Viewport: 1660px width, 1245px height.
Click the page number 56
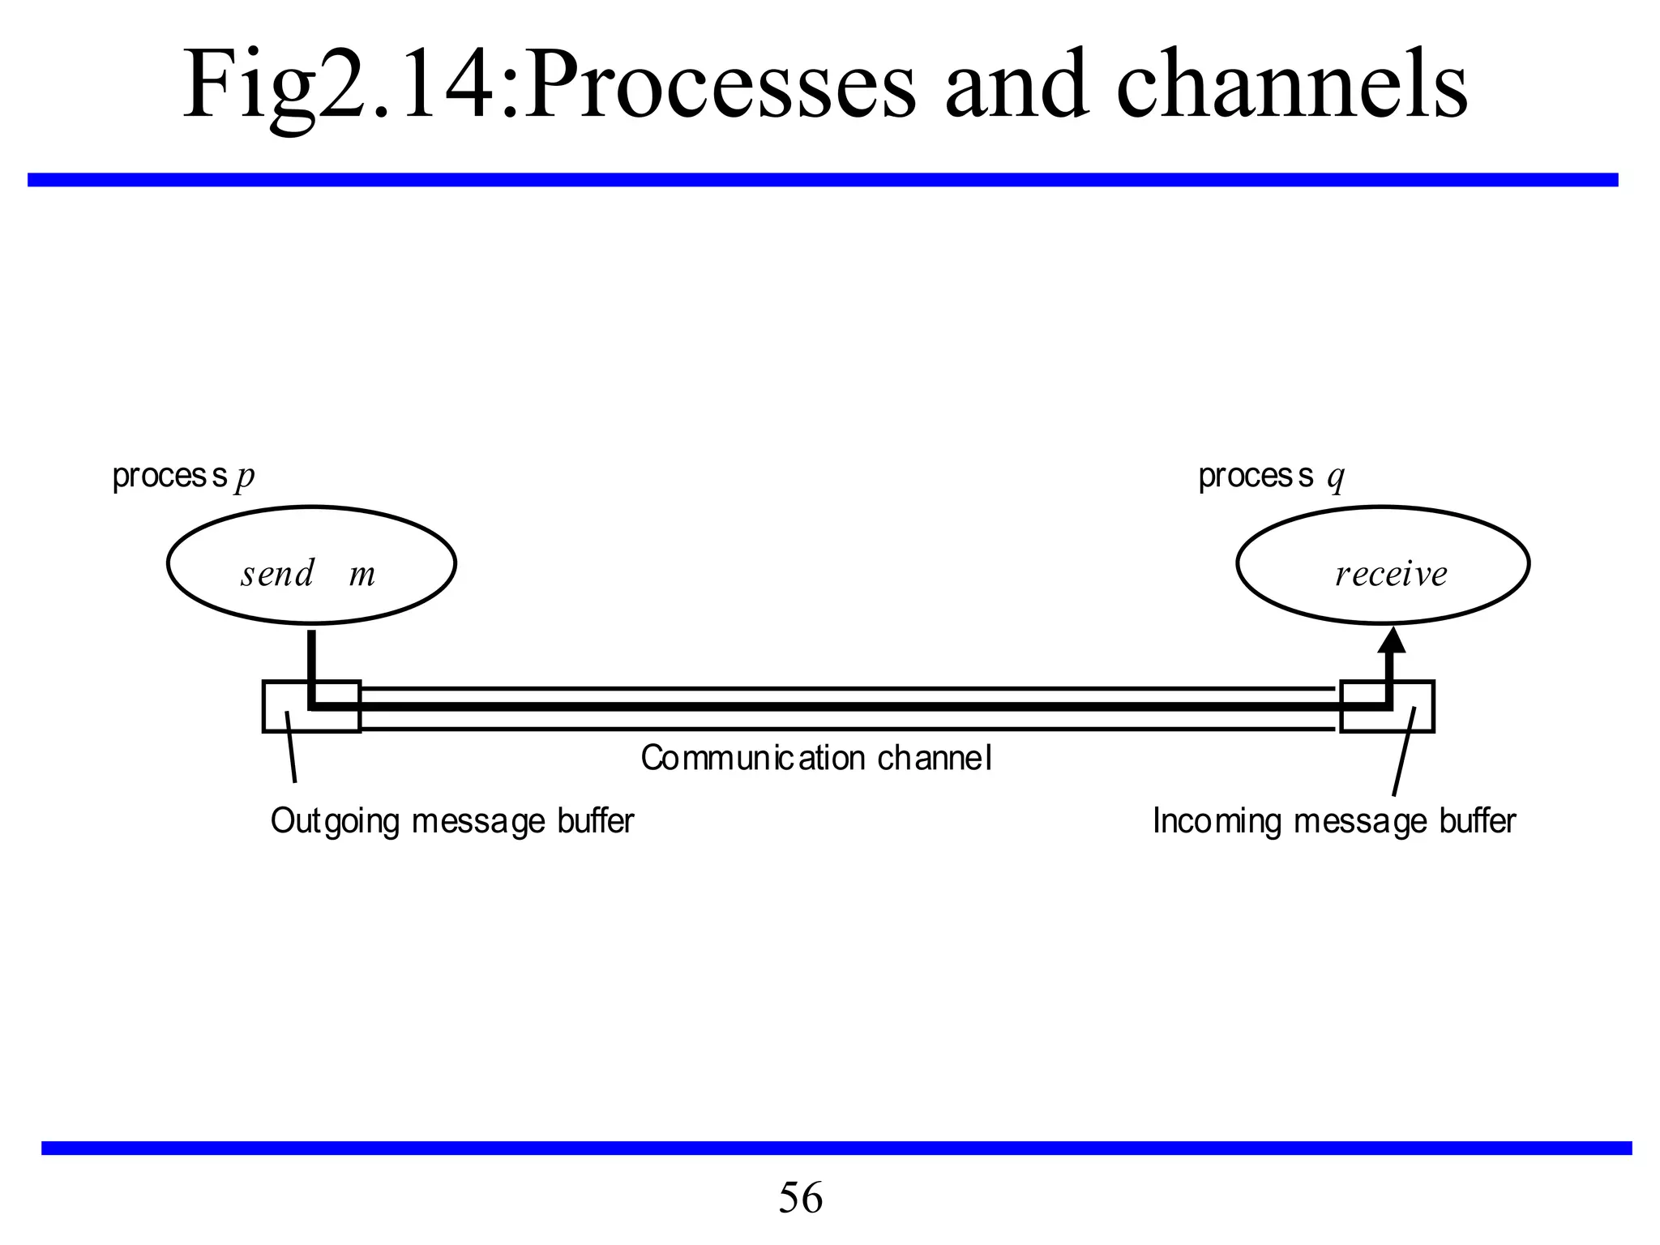[800, 1198]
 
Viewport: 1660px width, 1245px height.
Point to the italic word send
[277, 574]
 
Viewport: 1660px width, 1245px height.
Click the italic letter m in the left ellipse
[362, 575]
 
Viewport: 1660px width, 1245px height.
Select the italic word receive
[1391, 574]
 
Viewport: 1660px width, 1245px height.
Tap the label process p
[183, 477]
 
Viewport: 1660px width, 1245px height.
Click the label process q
[1270, 477]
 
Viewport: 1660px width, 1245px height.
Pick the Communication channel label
[816, 759]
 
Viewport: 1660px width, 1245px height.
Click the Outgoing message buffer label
[451, 821]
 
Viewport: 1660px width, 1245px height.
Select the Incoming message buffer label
[1333, 821]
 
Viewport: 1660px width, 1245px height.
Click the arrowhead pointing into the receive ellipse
[1392, 640]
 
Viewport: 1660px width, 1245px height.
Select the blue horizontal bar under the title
[823, 180]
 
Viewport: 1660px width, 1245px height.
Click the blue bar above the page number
[835, 1148]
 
